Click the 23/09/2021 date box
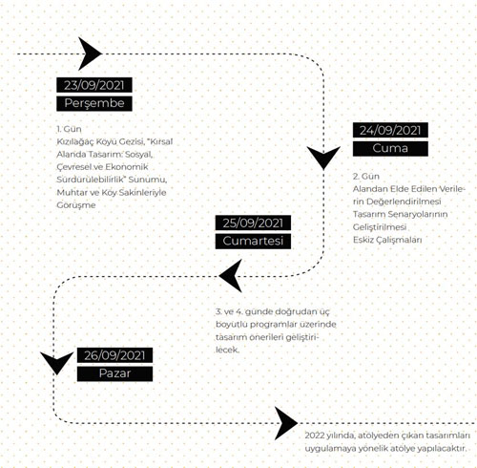coord(94,85)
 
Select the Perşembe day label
coord(94,103)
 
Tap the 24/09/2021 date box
coord(390,130)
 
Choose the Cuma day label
coord(390,149)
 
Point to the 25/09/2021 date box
coord(253,223)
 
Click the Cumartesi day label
coord(253,241)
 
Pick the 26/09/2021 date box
coord(114,355)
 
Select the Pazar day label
coord(114,373)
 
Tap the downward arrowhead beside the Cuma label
coord(323,156)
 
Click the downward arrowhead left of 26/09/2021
coord(56,361)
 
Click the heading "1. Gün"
coord(69,129)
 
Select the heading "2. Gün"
coord(366,176)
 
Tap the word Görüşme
coord(76,205)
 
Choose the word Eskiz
coord(363,240)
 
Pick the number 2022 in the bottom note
coord(315,436)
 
